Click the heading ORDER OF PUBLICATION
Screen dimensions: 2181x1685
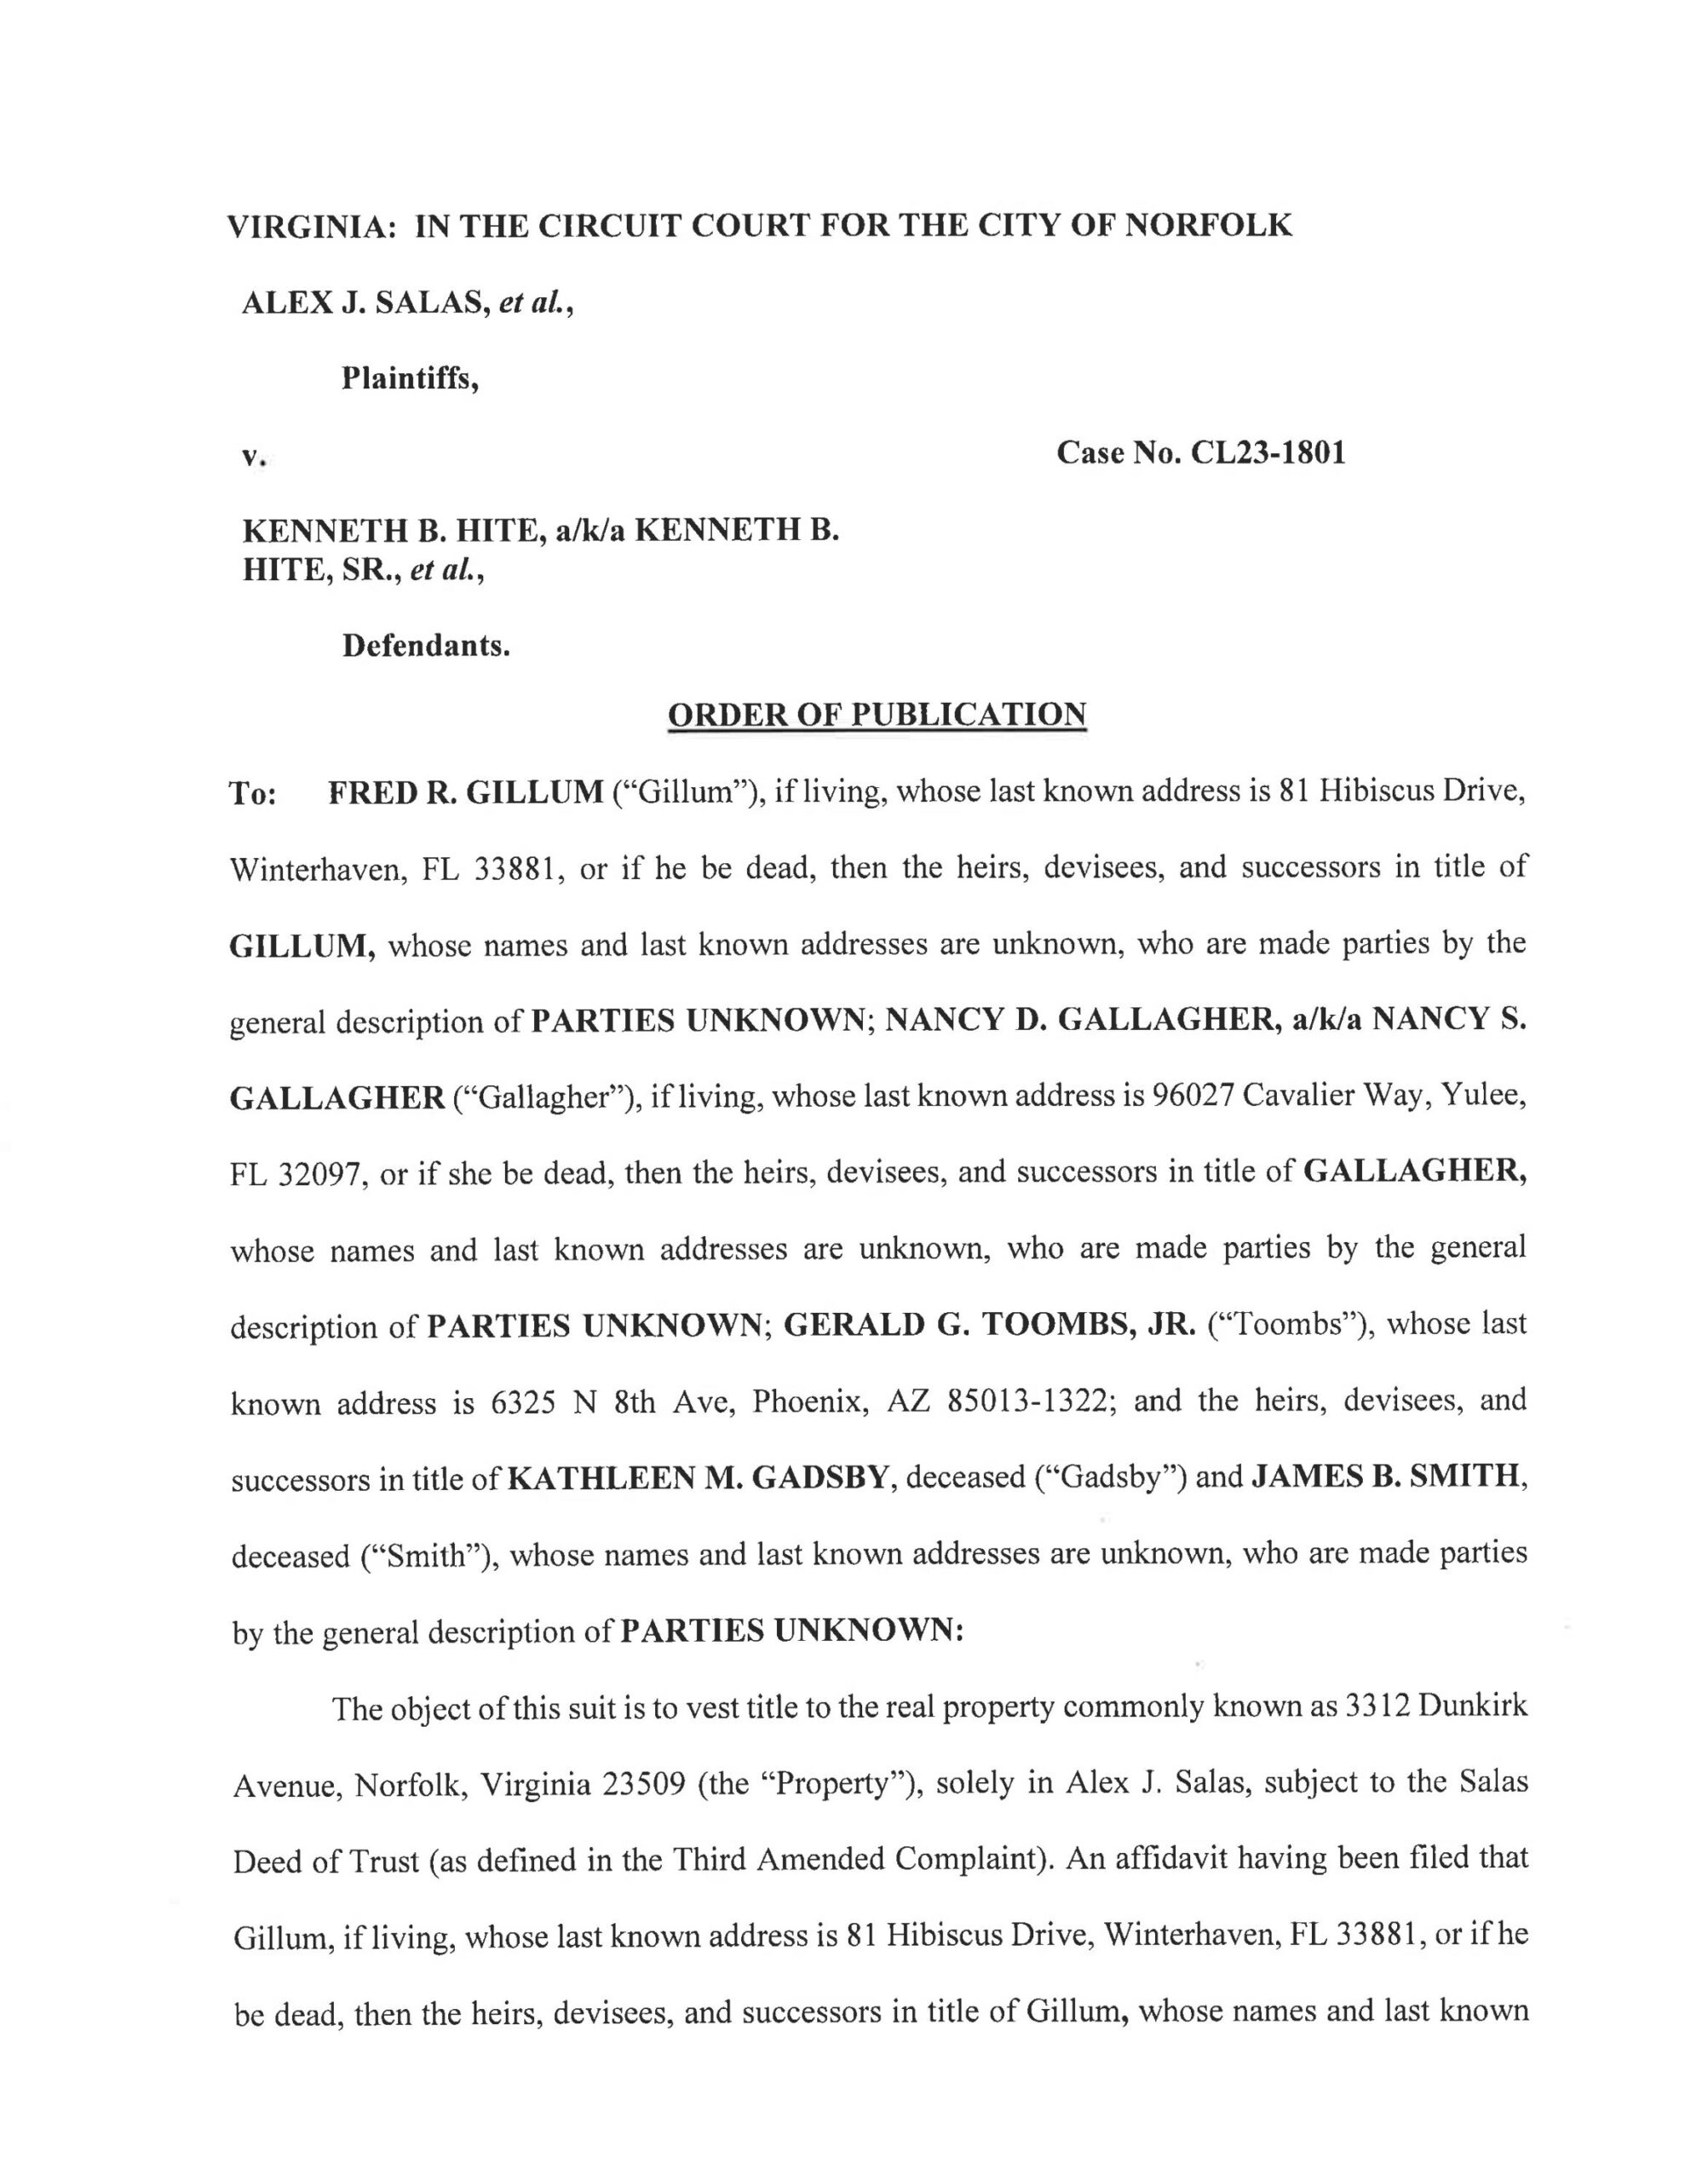click(876, 714)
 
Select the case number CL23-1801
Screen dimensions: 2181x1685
click(1268, 453)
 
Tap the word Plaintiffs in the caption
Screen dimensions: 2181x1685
click(410, 378)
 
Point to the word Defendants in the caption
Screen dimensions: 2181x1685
click(425, 646)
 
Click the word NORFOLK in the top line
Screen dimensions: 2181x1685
click(1208, 226)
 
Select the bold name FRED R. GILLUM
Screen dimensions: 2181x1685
click(465, 792)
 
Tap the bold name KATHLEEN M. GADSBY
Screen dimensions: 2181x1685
click(699, 1478)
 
